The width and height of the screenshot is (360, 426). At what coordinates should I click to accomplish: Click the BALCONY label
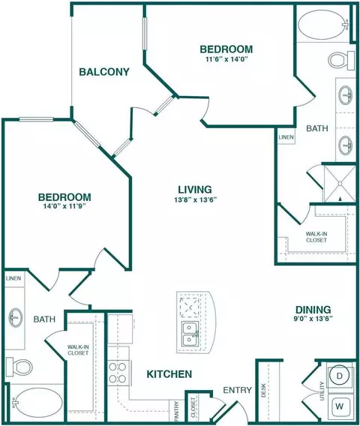104,72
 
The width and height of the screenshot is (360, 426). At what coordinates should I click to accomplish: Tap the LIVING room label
195,189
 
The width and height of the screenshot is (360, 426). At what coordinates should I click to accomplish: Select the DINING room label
313,310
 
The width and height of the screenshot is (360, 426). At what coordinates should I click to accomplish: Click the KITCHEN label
169,374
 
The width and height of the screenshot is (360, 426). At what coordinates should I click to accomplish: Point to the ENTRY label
238,390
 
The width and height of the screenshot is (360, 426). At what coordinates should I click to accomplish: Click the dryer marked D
339,376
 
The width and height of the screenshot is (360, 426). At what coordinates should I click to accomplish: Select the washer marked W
340,406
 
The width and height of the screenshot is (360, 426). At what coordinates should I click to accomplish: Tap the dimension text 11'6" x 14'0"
228,59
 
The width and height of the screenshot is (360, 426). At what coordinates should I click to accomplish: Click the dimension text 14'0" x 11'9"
64,206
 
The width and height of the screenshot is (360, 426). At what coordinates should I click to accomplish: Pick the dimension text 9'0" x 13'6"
313,319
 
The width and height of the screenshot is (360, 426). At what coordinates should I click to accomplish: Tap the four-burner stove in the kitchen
118,373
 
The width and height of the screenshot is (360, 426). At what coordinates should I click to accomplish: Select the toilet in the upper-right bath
341,60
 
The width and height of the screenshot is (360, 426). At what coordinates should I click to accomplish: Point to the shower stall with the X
340,184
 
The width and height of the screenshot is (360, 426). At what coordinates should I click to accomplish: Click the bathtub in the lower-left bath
35,403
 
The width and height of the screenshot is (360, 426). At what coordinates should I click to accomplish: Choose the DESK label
263,391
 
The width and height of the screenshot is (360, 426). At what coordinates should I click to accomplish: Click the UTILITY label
322,391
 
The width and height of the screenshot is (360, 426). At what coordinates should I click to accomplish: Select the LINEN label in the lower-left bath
13,278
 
